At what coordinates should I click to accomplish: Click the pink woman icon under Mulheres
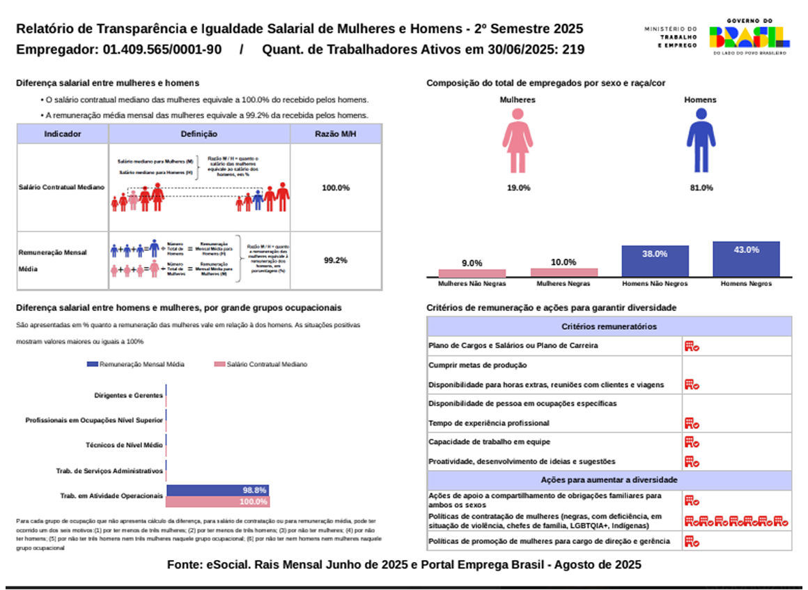[x=518, y=140]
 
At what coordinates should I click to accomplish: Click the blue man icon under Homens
[x=700, y=140]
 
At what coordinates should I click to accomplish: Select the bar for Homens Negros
[x=746, y=259]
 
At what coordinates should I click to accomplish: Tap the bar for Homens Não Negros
[x=655, y=262]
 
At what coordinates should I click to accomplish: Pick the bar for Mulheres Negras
[x=564, y=273]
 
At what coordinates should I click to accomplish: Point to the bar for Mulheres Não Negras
[x=472, y=273]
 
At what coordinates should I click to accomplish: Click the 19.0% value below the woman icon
[x=518, y=188]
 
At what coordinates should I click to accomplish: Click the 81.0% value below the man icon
[x=701, y=188]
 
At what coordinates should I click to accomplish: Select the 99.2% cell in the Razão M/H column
[x=336, y=260]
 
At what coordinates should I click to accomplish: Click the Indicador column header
[x=63, y=134]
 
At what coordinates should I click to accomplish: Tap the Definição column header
[x=199, y=134]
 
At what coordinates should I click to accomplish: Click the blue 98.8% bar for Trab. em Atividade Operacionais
[x=217, y=490]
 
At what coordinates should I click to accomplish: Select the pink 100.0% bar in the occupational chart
[x=217, y=501]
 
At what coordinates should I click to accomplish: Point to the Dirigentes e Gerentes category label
[x=128, y=395]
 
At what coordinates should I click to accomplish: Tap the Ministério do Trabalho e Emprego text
[x=670, y=37]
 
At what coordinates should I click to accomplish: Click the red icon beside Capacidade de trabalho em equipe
[x=691, y=441]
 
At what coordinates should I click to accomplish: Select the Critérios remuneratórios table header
[x=609, y=326]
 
